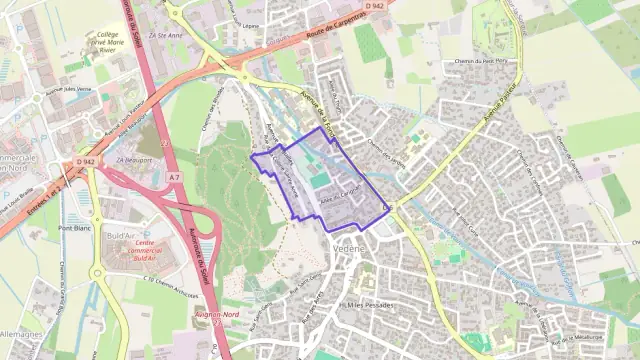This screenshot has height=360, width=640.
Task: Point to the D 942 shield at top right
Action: [x=375, y=6]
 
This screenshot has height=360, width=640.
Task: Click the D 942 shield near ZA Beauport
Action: [x=85, y=161]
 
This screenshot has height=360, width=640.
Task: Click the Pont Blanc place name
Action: [x=75, y=228]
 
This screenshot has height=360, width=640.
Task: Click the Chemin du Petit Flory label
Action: [x=479, y=62]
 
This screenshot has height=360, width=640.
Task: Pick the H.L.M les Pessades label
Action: [x=365, y=304]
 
